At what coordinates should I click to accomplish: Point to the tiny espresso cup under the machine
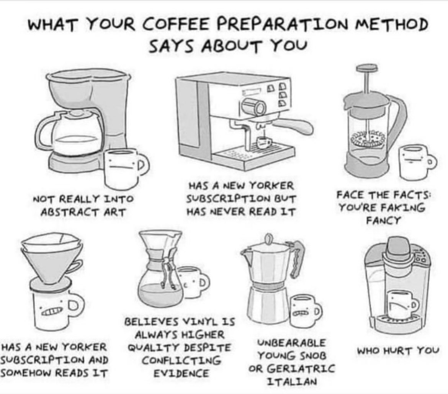pos(264,142)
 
